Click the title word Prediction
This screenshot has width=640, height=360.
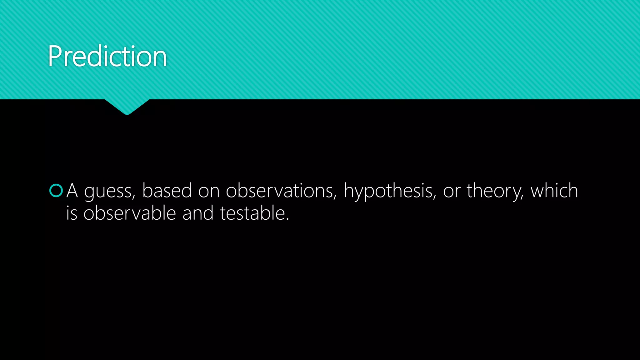pyautogui.click(x=107, y=56)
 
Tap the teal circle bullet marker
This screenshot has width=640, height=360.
pyautogui.click(x=56, y=191)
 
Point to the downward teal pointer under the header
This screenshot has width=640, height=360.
pyautogui.click(x=127, y=107)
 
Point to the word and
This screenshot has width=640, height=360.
pyautogui.click(x=198, y=213)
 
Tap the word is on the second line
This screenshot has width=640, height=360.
pyautogui.click(x=72, y=213)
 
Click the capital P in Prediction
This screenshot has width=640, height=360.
pyautogui.click(x=56, y=56)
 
